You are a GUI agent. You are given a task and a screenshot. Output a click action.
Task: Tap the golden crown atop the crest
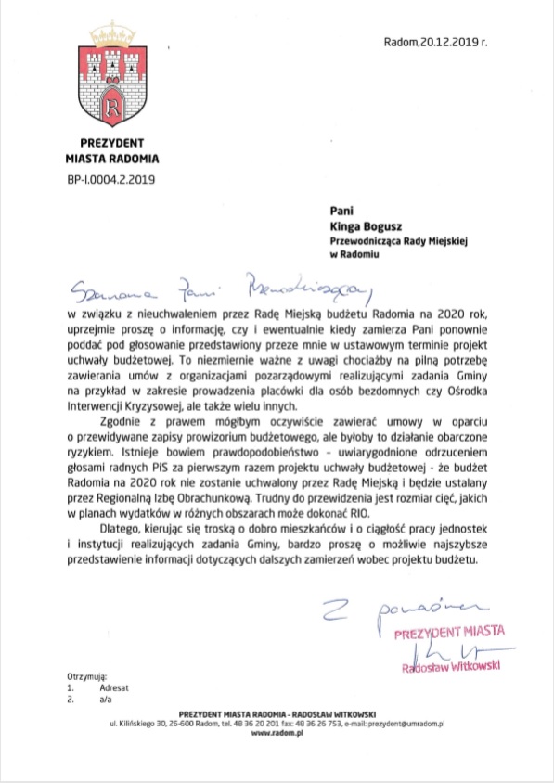coord(110,38)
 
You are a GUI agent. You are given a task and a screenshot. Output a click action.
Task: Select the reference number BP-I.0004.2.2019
coord(110,178)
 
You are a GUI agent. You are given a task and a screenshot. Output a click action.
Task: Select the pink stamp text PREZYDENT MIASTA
coord(449,633)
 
